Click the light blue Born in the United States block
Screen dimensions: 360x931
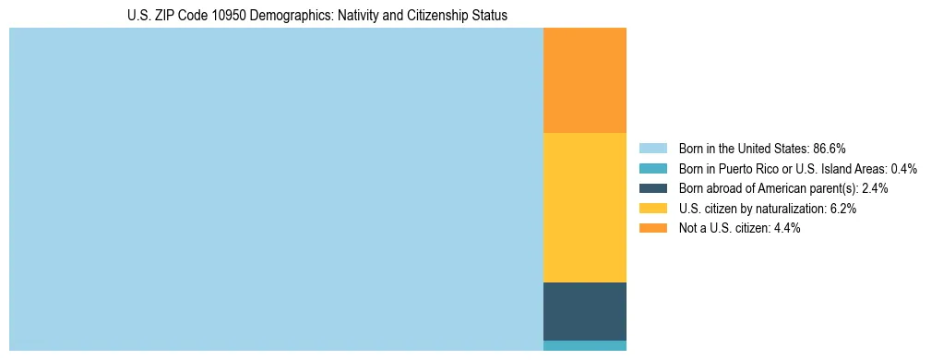[276, 189]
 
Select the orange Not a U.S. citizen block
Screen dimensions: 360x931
[584, 80]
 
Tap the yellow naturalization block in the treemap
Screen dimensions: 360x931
[584, 208]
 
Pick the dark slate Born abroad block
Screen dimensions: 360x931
[584, 311]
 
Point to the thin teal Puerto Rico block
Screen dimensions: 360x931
[584, 346]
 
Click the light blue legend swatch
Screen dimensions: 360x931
[652, 148]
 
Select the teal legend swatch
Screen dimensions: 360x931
[652, 168]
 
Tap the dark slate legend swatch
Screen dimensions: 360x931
[652, 188]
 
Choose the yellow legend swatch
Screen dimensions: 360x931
[652, 209]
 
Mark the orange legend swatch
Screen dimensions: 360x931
[652, 228]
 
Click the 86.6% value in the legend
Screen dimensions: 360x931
[830, 148]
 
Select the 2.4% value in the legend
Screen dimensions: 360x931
[875, 188]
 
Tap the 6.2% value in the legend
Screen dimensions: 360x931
[842, 209]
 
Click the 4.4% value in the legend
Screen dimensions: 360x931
[785, 228]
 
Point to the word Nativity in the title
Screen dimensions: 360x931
[346, 16]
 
